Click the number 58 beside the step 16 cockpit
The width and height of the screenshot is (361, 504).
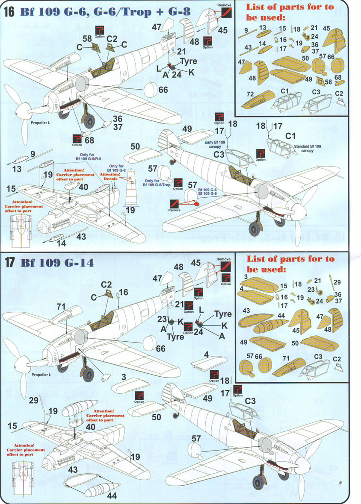coord(87,39)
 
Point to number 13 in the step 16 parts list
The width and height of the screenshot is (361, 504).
coord(263,26)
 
